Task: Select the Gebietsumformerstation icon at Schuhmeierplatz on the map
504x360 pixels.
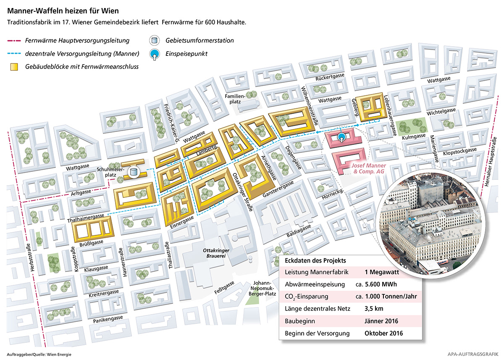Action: tap(134, 171)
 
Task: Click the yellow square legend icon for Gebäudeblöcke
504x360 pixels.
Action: tap(14, 66)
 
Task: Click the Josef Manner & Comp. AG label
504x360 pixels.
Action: tap(369, 169)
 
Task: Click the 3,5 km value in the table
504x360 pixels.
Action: tap(374, 309)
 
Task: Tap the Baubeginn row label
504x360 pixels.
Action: tap(299, 321)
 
